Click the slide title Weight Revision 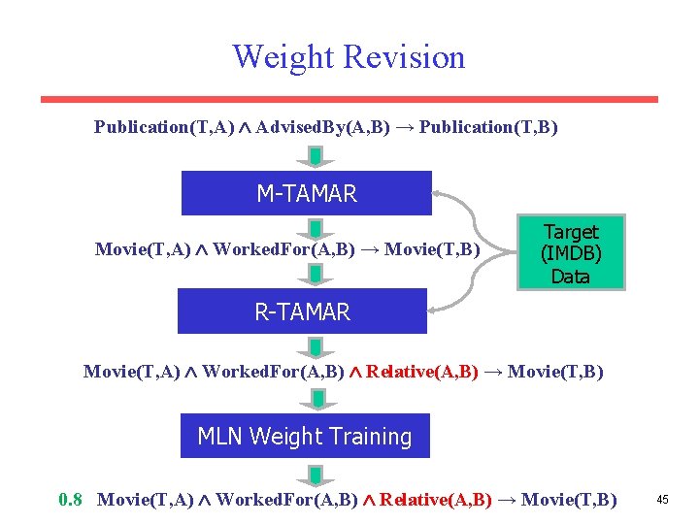click(349, 56)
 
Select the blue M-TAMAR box click(306, 193)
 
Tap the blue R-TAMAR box click(302, 311)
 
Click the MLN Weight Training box click(305, 437)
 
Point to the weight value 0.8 click(71, 500)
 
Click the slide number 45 click(662, 500)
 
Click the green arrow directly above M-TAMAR click(316, 157)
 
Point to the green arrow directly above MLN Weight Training click(316, 399)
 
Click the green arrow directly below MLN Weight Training click(316, 474)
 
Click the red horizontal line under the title click(349, 99)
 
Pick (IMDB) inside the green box click(570, 254)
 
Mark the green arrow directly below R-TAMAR click(316, 346)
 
